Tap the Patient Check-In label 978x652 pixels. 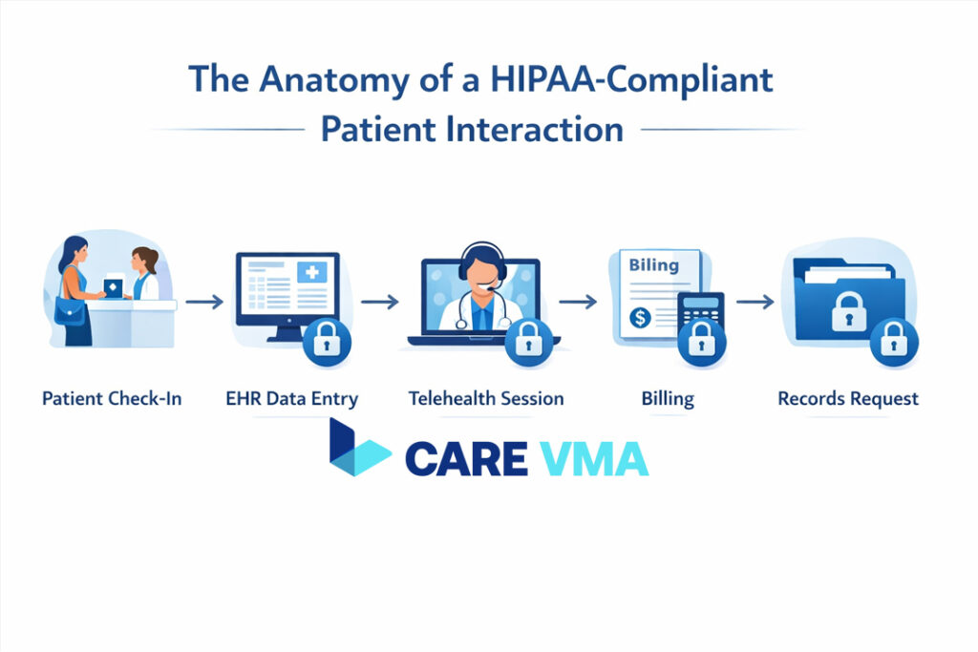pyautogui.click(x=112, y=397)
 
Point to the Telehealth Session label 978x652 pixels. pyautogui.click(x=486, y=397)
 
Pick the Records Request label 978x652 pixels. pyautogui.click(x=848, y=397)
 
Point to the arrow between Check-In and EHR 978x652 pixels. pyautogui.click(x=204, y=302)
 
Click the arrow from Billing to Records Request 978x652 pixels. pyautogui.click(x=755, y=302)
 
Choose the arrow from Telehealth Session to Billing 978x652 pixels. pyautogui.click(x=577, y=302)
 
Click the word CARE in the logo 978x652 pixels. pyautogui.click(x=466, y=458)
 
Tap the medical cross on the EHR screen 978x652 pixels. pyautogui.click(x=311, y=273)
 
